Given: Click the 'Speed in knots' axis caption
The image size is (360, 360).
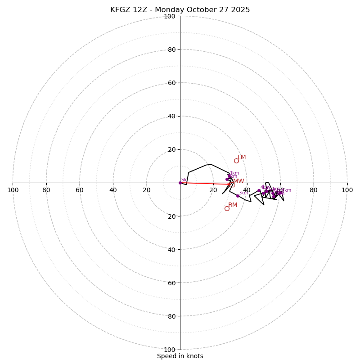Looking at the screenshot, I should [180, 356].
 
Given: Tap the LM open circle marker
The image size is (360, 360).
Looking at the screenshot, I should [236, 161].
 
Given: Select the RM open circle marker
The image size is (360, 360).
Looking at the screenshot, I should [227, 208].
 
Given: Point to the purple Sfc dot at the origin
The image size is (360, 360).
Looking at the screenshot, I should [180, 183].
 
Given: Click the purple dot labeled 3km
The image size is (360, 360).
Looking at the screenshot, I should [238, 196].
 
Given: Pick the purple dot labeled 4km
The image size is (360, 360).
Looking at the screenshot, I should [259, 191].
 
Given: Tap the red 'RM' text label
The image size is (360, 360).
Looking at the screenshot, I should [233, 205].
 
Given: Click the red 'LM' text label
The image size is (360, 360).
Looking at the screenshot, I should [242, 157].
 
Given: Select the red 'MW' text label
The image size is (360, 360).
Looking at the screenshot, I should [238, 181].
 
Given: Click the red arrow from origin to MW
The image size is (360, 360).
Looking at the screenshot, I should [205, 184].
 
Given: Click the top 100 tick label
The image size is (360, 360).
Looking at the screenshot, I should [170, 16].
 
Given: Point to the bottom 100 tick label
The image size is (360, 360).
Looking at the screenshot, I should [170, 349].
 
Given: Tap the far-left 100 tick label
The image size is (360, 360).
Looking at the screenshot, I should [13, 190].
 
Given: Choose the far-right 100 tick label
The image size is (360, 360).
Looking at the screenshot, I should [347, 190].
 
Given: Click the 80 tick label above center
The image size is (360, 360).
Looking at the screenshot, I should [171, 49].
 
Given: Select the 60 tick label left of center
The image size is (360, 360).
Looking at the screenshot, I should [80, 190].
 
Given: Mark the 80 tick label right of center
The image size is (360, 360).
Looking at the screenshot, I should [314, 190].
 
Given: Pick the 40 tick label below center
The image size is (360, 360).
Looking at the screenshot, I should [171, 249].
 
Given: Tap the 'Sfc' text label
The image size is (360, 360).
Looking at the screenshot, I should [184, 180].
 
